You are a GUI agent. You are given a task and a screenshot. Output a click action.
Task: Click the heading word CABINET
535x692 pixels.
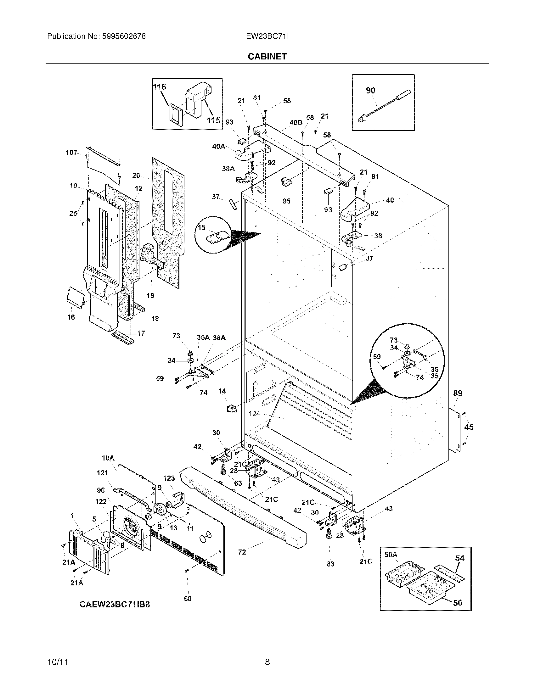(x=267, y=56)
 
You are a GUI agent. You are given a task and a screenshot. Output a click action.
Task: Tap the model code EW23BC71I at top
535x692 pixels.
(x=267, y=36)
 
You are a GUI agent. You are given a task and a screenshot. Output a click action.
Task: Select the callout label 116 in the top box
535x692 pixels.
(x=160, y=87)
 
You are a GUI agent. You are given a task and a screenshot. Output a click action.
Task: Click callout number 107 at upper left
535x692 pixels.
(x=71, y=153)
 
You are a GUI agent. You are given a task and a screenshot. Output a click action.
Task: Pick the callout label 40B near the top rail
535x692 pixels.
(x=296, y=123)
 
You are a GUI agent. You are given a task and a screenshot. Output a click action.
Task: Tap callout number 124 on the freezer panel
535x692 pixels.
(x=254, y=414)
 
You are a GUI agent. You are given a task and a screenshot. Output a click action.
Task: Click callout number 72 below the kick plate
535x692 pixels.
(x=242, y=552)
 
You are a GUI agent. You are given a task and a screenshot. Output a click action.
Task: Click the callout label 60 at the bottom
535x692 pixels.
(x=188, y=599)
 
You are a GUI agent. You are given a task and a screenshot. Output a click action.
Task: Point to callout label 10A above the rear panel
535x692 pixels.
(x=108, y=458)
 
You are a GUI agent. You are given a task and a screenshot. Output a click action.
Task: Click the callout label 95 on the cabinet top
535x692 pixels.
(x=286, y=201)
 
